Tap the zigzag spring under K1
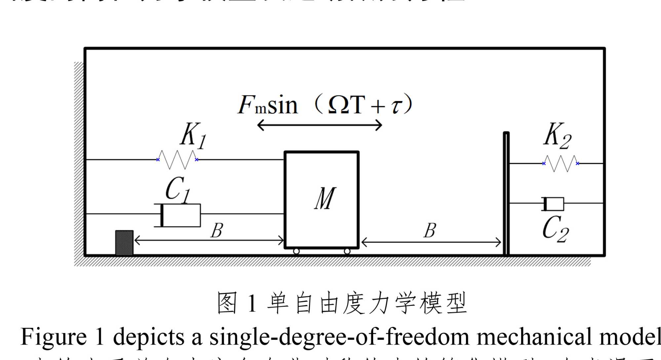coord(177,160)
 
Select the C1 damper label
coord(178,189)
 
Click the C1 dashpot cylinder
coord(177,215)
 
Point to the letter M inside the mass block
coord(325,198)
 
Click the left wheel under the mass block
coord(296,251)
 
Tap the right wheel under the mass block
coord(347,251)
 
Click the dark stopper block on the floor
coord(124,243)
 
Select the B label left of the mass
coord(217,231)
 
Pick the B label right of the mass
coord(430,231)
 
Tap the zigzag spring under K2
coord(561,163)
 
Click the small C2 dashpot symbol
coord(553,204)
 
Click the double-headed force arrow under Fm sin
coord(320,125)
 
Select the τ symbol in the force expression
coord(396,106)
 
